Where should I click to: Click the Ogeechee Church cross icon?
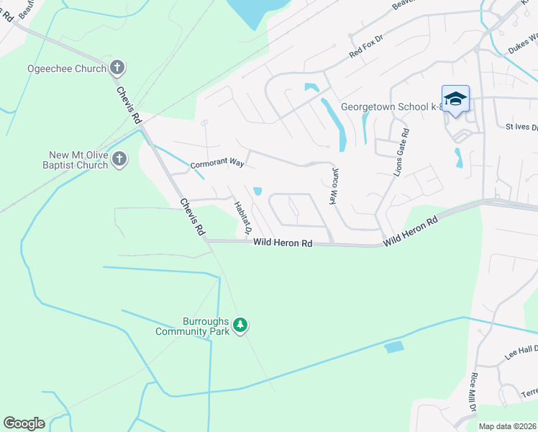point(118,68)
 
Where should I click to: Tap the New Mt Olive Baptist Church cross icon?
point(119,159)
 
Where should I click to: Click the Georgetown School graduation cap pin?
point(455,99)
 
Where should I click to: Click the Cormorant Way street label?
point(217,164)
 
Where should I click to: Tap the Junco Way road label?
point(334,186)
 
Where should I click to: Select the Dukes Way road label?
point(523,44)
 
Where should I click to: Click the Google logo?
point(24,423)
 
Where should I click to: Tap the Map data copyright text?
point(507,426)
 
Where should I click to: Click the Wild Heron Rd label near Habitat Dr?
point(283,244)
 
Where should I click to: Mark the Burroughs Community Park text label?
point(194,326)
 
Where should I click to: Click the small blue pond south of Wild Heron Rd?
point(394,347)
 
